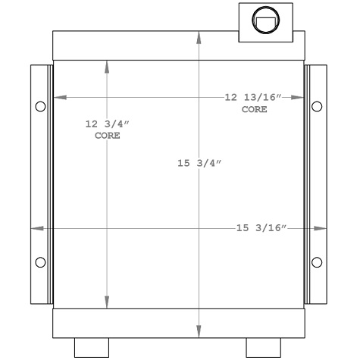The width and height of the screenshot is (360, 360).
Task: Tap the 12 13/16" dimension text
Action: (x=253, y=98)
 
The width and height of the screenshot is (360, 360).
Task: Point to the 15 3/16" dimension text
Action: (x=261, y=228)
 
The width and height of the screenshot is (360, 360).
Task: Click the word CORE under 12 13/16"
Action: (x=254, y=110)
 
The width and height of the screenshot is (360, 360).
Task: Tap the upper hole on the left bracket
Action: (x=40, y=106)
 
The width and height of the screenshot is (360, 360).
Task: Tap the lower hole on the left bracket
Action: (x=40, y=262)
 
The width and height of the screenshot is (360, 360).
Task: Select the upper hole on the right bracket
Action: (x=316, y=106)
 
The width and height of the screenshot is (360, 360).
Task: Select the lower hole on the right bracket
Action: (x=316, y=262)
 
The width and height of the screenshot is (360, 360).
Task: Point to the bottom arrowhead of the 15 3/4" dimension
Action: (x=199, y=332)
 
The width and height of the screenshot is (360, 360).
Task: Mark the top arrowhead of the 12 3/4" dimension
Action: (x=106, y=66)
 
